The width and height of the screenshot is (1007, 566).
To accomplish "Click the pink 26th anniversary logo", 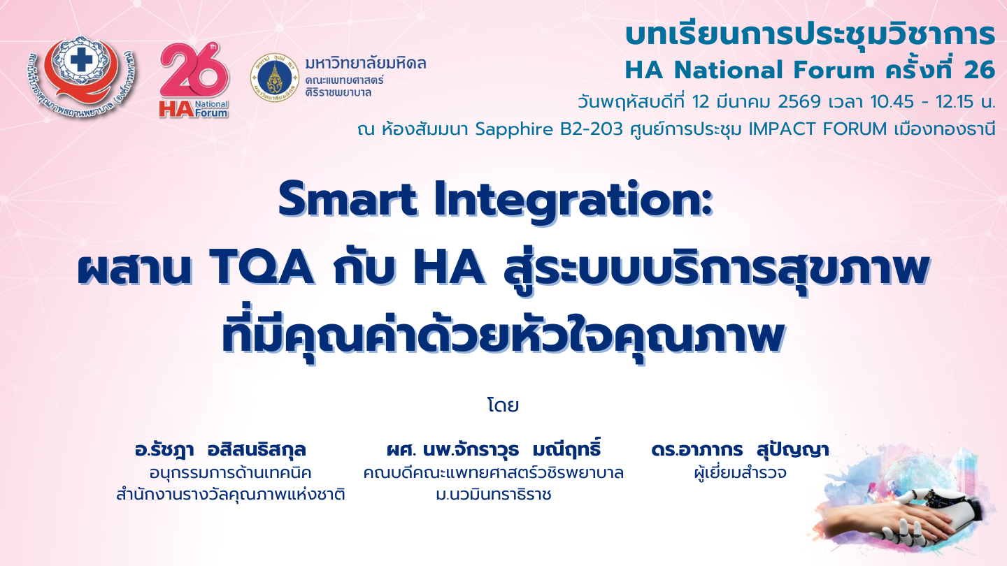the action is coord(194,81).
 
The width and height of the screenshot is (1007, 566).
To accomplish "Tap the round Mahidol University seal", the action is coord(275,78).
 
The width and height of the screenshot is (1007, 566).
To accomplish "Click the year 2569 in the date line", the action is coord(799,102).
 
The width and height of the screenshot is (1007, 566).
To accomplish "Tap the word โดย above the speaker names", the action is coord(503,405).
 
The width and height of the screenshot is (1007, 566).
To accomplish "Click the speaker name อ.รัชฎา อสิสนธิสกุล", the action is coord(220,450).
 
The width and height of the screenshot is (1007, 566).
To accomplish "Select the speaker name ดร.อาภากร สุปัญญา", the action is coord(740,450).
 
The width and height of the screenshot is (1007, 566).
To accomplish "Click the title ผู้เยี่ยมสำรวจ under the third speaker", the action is coord(740,472).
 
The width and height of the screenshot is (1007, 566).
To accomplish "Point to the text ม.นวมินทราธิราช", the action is coord(493,495).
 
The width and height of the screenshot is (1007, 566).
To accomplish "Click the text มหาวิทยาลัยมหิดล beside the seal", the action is coord(366,64).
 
